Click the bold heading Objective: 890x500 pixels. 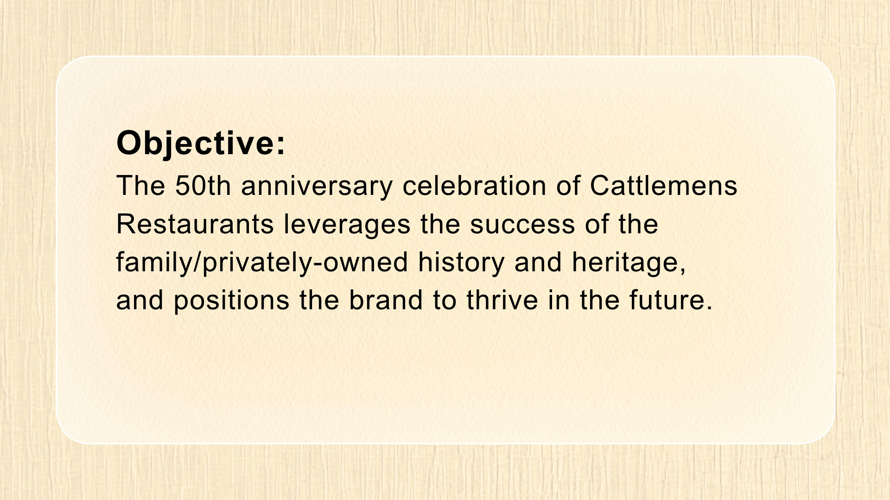(x=201, y=144)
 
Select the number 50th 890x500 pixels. (x=203, y=186)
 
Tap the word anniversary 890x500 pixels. (x=317, y=187)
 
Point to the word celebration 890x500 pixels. (x=474, y=186)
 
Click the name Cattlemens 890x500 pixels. (x=663, y=186)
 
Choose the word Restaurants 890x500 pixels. (x=195, y=224)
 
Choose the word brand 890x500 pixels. (x=386, y=300)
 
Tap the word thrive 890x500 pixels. (x=502, y=300)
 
